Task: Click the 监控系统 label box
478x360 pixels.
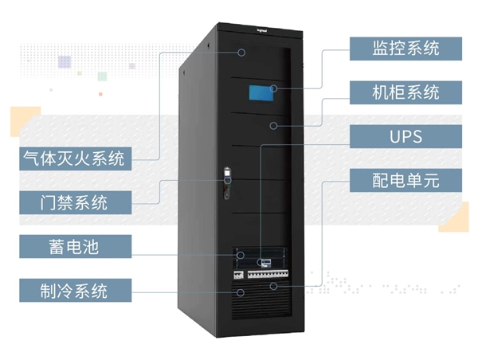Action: pyautogui.click(x=406, y=48)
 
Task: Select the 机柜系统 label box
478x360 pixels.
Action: pyautogui.click(x=406, y=92)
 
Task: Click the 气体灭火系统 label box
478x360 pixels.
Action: pyautogui.click(x=73, y=158)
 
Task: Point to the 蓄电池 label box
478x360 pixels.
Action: pyautogui.click(x=73, y=246)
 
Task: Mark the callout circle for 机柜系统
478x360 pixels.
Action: pyautogui.click(x=273, y=125)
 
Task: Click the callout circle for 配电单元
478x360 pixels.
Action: pyautogui.click(x=273, y=284)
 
